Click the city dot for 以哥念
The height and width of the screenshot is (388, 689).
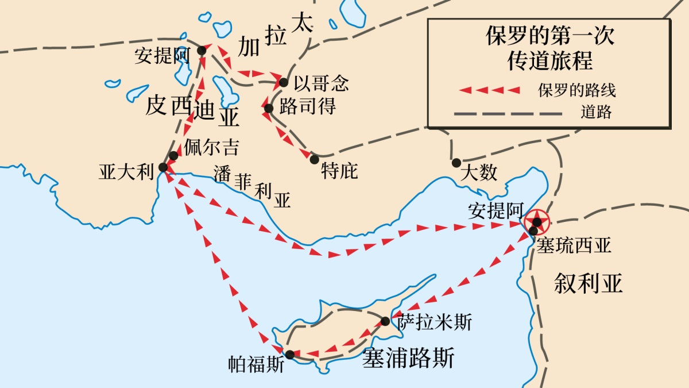pyautogui.click(x=283, y=83)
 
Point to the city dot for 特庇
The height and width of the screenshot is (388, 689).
pyautogui.click(x=314, y=158)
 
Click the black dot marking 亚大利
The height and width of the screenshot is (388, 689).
pyautogui.click(x=162, y=167)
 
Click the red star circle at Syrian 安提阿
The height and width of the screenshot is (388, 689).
pyautogui.click(x=536, y=221)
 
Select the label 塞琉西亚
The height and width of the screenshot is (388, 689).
pyautogui.click(x=574, y=245)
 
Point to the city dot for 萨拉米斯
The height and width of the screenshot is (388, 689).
pyautogui.click(x=385, y=320)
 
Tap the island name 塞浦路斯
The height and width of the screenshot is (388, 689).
pyautogui.click(x=408, y=359)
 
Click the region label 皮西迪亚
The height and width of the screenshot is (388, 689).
pyautogui.click(x=192, y=110)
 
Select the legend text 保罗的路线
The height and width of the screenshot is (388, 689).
pyautogui.click(x=580, y=91)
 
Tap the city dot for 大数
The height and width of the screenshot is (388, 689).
pyautogui.click(x=456, y=163)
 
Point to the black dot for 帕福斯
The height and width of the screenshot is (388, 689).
pyautogui.click(x=290, y=355)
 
